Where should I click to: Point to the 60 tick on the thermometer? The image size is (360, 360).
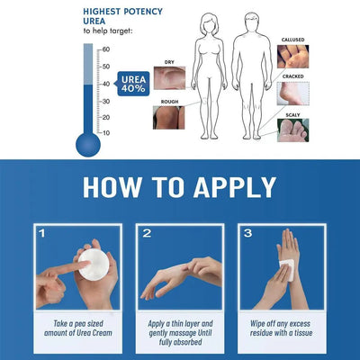104,49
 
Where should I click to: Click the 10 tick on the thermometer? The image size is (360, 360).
104,133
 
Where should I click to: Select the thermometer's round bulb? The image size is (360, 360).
88,143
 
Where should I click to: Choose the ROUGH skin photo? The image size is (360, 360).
169,118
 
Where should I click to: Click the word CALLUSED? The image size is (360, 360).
319,40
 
